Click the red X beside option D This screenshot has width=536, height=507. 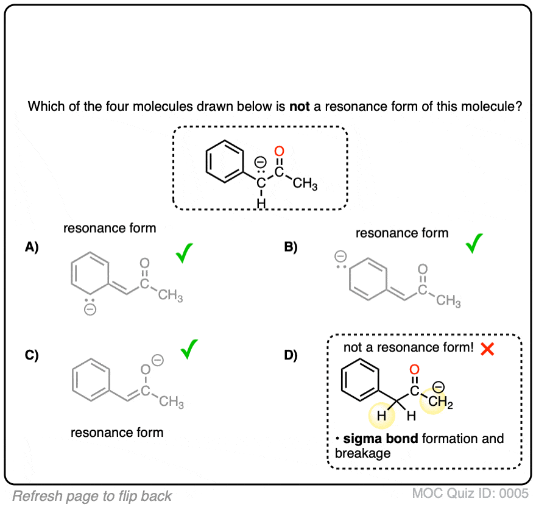[487, 349]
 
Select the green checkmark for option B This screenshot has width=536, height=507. [474, 243]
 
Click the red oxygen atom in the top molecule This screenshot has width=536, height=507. [280, 151]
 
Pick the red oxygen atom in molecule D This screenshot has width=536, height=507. [414, 370]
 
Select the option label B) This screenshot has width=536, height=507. [291, 247]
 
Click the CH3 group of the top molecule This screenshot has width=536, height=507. [305, 184]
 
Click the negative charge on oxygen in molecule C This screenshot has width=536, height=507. [157, 361]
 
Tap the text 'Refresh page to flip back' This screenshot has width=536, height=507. [92, 495]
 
